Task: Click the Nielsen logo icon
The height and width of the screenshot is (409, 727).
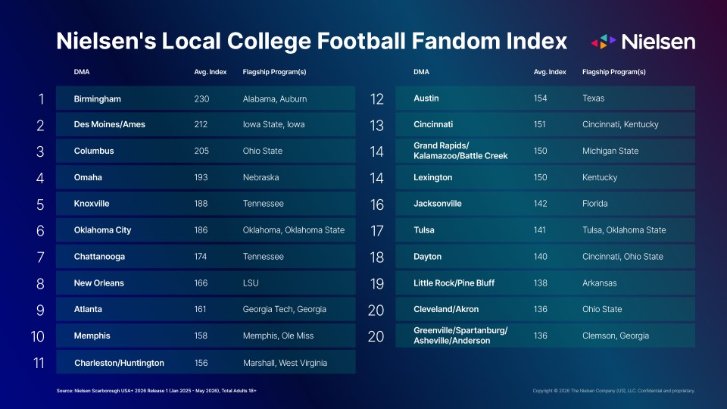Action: [604, 42]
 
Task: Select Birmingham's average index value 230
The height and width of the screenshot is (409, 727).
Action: [201, 98]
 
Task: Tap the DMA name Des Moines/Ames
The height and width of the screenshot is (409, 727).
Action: [109, 124]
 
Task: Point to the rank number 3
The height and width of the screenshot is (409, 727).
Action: [40, 151]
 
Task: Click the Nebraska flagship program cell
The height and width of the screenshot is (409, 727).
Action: [261, 177]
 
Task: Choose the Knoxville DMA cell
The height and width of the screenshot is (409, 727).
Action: [92, 204]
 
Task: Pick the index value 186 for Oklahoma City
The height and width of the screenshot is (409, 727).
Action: [201, 230]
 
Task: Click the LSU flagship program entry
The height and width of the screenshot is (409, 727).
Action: [251, 283]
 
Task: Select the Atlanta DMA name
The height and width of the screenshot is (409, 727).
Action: [88, 309]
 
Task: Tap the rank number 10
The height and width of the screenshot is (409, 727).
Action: [38, 336]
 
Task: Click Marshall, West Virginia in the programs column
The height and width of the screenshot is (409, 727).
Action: [285, 363]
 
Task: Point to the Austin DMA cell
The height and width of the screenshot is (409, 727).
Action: [426, 98]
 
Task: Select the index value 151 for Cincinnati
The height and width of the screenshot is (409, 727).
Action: [539, 124]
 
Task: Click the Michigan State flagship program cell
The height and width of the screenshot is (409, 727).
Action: [610, 151]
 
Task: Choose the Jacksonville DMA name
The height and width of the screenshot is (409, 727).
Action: [437, 204]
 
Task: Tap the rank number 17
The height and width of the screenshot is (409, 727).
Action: [376, 230]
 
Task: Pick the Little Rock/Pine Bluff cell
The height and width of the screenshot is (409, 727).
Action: [454, 283]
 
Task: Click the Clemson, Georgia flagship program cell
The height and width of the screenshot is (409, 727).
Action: [615, 336]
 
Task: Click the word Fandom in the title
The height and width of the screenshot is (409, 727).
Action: [455, 41]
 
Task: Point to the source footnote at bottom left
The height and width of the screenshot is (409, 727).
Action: [156, 391]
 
